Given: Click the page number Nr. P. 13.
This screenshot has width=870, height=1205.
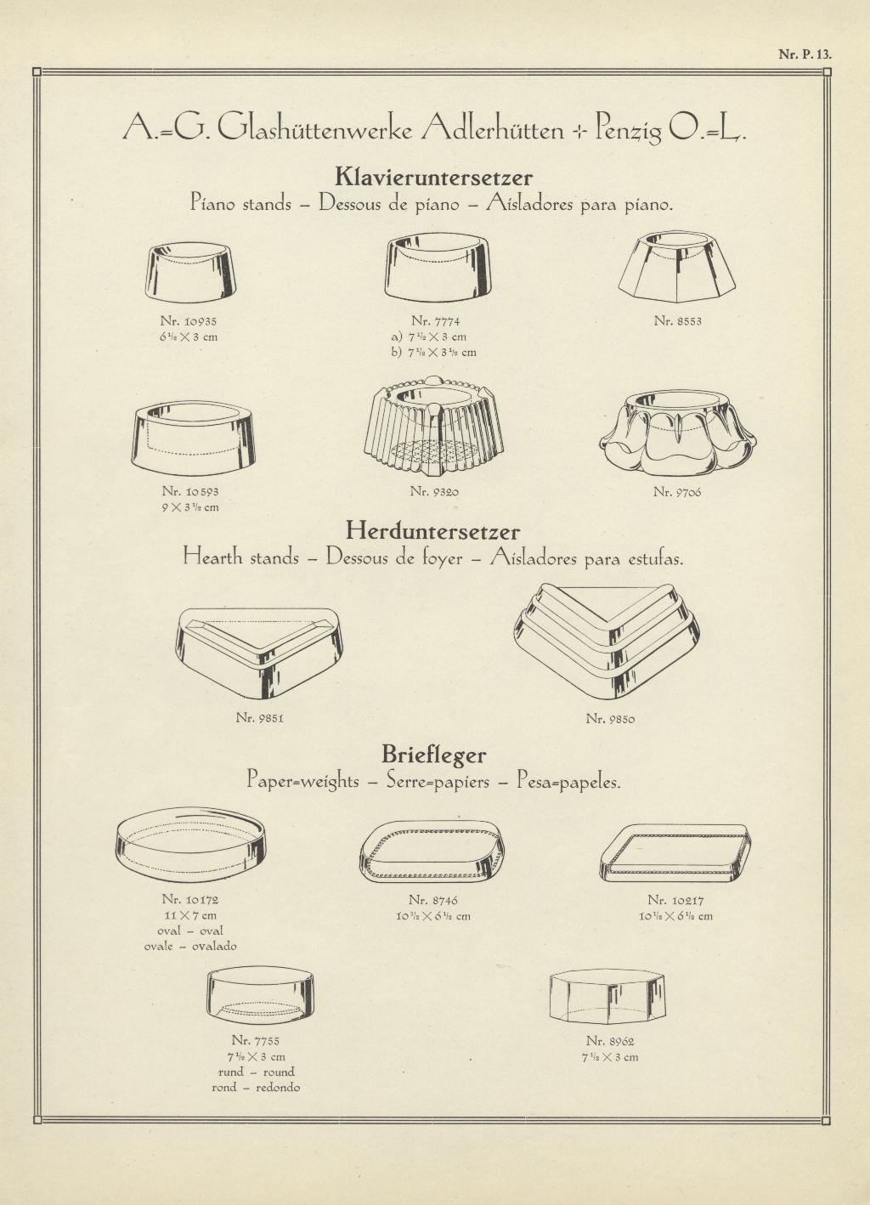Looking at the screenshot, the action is pyautogui.click(x=805, y=54).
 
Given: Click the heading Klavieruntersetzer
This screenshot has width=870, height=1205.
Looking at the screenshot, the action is pyautogui.click(x=434, y=177).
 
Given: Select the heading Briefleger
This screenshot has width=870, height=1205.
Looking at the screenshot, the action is pyautogui.click(x=434, y=755).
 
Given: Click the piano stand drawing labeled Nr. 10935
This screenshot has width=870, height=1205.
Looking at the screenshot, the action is pyautogui.click(x=190, y=273).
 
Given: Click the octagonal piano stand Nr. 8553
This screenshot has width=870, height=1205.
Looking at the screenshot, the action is pyautogui.click(x=677, y=267).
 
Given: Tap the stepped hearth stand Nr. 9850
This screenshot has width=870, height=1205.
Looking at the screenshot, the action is pyautogui.click(x=607, y=642).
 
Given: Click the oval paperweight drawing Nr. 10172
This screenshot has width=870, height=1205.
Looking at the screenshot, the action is pyautogui.click(x=191, y=845).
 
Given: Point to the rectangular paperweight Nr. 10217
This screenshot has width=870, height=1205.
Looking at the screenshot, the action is pyautogui.click(x=675, y=853).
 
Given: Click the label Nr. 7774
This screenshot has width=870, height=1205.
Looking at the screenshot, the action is pyautogui.click(x=436, y=321).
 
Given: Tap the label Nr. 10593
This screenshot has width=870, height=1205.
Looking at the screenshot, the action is pyautogui.click(x=190, y=491).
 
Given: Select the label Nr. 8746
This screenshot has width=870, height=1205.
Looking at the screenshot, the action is pyautogui.click(x=432, y=900).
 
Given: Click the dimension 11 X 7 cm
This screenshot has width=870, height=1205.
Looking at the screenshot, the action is pyautogui.click(x=190, y=915).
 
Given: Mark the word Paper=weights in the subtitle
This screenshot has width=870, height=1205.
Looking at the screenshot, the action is pyautogui.click(x=302, y=781).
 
